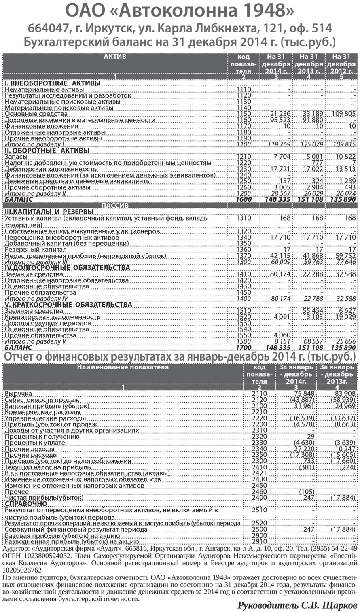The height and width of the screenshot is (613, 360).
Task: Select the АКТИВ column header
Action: click(x=115, y=57)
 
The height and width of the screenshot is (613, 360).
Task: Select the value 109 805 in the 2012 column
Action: click(x=343, y=115)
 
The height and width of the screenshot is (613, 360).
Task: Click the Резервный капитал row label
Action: click(x=33, y=250)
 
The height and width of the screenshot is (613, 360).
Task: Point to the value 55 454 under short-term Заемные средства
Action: click(x=313, y=311)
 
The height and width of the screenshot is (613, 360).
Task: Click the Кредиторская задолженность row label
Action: click(x=52, y=317)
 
